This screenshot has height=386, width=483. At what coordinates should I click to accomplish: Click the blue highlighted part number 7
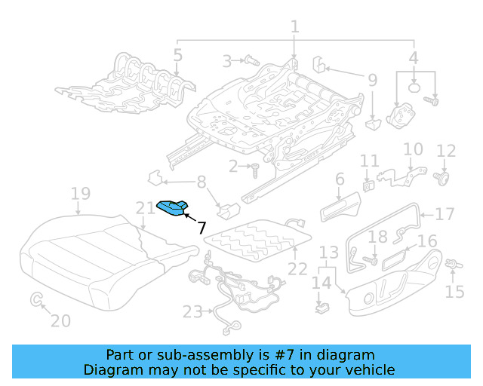[172, 207]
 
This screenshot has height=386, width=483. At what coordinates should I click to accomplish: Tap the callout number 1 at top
[294, 27]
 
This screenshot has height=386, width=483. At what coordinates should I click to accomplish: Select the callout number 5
[177, 54]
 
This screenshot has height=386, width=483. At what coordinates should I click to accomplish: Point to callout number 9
[372, 80]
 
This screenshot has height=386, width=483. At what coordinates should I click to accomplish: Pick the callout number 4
[414, 57]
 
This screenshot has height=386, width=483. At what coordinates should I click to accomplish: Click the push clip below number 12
[442, 178]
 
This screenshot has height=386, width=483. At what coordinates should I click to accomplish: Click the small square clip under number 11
[368, 183]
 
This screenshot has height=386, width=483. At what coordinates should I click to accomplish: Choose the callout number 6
[340, 179]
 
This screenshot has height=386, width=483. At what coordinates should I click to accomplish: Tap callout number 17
[445, 214]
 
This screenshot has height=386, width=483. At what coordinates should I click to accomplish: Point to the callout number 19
[80, 195]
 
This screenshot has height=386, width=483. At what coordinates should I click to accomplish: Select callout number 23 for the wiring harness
[192, 311]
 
